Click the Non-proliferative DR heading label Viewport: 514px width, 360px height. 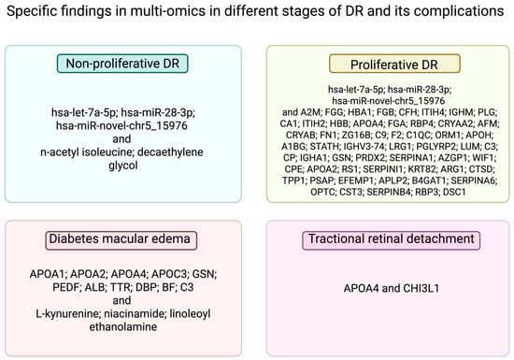[x=122, y=64]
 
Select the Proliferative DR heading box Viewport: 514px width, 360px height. [x=394, y=64]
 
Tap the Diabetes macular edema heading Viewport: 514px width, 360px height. [x=121, y=240]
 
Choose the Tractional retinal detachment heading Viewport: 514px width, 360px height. [x=391, y=240]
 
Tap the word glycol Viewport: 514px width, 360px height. [x=123, y=166]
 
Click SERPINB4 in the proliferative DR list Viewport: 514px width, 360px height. [x=389, y=192]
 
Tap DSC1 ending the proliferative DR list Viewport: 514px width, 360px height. [x=454, y=192]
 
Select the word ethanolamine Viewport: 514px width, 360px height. [x=123, y=327]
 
